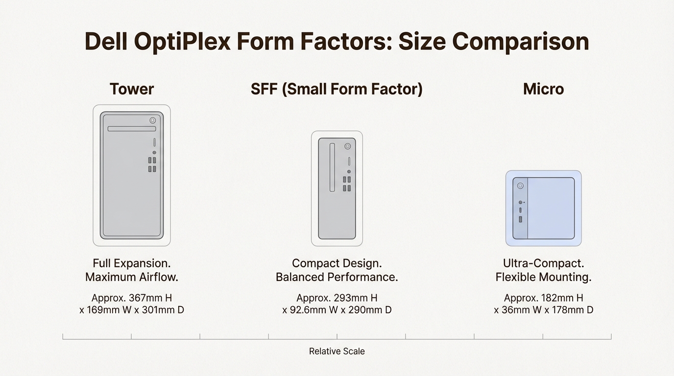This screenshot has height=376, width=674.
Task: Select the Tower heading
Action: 131,89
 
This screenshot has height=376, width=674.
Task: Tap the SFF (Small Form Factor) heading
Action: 337,89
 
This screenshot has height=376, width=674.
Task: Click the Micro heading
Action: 543,89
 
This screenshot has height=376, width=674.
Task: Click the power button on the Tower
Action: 153,120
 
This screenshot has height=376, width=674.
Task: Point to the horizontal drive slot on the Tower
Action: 131,129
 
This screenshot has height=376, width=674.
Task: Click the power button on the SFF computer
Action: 348,146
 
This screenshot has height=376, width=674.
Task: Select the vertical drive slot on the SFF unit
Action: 332,167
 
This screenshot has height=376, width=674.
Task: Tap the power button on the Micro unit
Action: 520,186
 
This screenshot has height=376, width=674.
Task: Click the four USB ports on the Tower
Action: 152,164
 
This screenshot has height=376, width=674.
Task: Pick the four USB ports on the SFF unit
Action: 347,184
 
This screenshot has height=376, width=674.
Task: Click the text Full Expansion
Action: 131,263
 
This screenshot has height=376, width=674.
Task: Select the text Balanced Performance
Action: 337,277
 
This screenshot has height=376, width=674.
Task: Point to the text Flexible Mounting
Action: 543,277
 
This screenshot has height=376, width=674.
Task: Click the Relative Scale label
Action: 337,351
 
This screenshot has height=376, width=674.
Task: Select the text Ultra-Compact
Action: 543,263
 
